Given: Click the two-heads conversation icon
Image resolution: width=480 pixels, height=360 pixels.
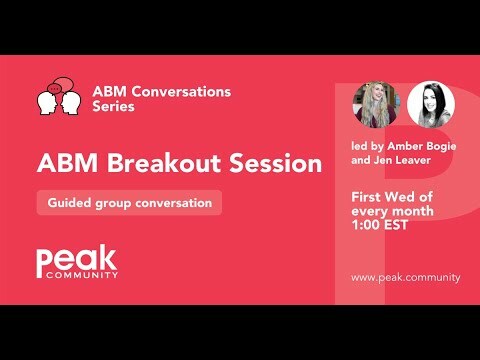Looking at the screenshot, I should coord(58,97).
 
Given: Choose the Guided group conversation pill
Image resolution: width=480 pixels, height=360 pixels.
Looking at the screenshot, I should coord(129,202).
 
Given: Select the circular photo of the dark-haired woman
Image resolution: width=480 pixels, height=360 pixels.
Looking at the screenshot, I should coord(431,104).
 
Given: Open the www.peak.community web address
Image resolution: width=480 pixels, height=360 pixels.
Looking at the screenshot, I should coord(405,276).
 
